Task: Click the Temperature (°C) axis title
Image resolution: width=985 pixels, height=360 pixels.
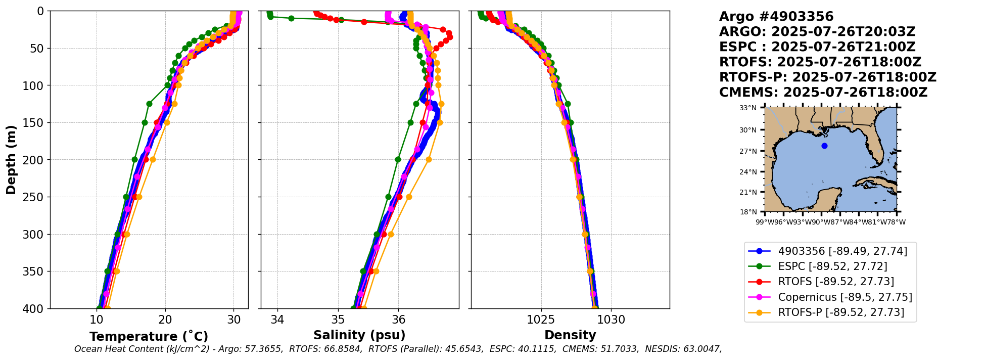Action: (149, 337)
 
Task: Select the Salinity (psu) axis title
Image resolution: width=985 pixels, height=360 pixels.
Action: (359, 335)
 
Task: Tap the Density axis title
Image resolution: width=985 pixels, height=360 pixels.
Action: (570, 335)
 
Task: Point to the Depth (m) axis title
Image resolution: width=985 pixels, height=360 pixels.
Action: (11, 159)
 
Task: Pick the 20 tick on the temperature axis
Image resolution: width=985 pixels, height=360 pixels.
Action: (165, 320)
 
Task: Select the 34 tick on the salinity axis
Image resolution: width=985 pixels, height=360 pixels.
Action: (277, 320)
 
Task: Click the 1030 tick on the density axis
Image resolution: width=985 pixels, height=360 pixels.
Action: (612, 320)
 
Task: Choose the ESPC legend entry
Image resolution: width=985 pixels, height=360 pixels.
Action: (832, 266)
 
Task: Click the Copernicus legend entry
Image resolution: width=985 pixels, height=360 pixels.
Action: (845, 297)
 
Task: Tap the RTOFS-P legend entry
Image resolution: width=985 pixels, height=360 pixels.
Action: (841, 312)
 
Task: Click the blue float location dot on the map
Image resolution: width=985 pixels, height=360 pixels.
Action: (824, 146)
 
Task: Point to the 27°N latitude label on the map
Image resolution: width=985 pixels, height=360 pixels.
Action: (748, 151)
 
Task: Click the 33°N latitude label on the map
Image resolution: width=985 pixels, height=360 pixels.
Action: (748, 108)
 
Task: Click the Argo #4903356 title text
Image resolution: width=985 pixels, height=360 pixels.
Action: (776, 17)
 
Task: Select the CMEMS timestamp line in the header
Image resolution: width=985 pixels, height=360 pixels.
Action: (823, 93)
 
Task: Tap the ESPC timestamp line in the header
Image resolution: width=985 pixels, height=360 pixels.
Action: (817, 47)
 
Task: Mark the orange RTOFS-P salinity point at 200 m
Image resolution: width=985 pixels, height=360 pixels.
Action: (429, 159)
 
